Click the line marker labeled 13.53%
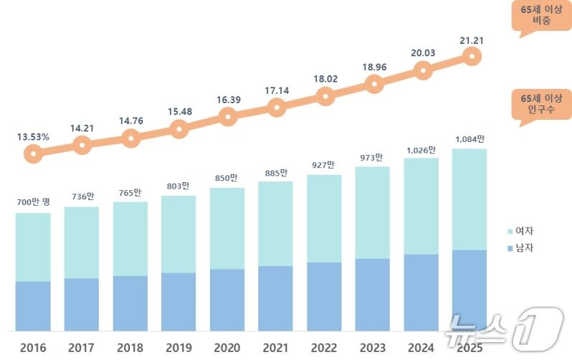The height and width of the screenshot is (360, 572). coord(33,153)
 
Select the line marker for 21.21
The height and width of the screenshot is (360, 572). coord(471,55)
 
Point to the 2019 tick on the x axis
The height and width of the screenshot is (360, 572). coord(178,349)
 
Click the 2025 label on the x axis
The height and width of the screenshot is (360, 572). coord(469,349)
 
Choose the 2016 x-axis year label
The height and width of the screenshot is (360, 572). coord(33,349)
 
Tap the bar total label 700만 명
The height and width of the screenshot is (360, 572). coord(33,203)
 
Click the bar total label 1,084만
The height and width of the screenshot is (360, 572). coord(469,138)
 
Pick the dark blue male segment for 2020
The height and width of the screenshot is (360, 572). coord(227,300)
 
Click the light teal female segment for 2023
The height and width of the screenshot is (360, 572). coord(373,212)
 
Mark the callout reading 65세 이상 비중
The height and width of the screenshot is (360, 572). coord(541,16)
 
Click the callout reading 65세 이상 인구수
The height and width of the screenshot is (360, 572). coord(541,103)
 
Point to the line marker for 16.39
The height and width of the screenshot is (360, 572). coord(227,117)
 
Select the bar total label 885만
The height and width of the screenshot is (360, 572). coord(276,172)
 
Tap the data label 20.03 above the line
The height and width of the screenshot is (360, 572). coord(424,52)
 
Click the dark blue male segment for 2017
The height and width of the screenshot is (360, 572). coord(82,304)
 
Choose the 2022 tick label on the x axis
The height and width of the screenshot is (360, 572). coord(324,349)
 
